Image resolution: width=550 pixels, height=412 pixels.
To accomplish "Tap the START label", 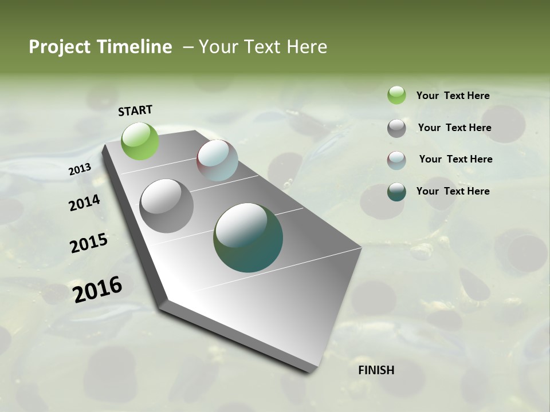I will coord(135,110).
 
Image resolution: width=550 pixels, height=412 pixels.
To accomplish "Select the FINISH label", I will coord(376,370).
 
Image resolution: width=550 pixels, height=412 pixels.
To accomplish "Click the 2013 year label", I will coord(80,169).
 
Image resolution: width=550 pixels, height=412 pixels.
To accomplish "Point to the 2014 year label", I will coord(84,203).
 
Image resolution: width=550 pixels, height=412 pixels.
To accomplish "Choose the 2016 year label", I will coord(97,290).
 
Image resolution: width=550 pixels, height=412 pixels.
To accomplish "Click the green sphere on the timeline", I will coord(140,141).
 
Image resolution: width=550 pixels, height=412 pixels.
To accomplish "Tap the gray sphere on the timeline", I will coord(167,206).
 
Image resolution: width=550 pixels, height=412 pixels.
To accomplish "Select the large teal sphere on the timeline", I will coord(248,237).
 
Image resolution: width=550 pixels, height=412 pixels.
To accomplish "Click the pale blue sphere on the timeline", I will coord(217,160).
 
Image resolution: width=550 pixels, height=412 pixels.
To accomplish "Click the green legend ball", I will coord(396,95).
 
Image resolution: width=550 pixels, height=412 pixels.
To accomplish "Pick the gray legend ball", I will coord(396,128).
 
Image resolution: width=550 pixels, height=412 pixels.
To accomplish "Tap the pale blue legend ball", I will coord(396,160).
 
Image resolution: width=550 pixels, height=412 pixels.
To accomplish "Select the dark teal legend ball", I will coord(396,192).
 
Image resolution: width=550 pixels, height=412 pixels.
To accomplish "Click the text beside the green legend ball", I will coord(453,96).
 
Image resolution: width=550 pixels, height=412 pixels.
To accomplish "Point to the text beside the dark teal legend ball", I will coord(453,191).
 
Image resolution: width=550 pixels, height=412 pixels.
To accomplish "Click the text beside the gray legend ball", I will coord(454,128).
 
